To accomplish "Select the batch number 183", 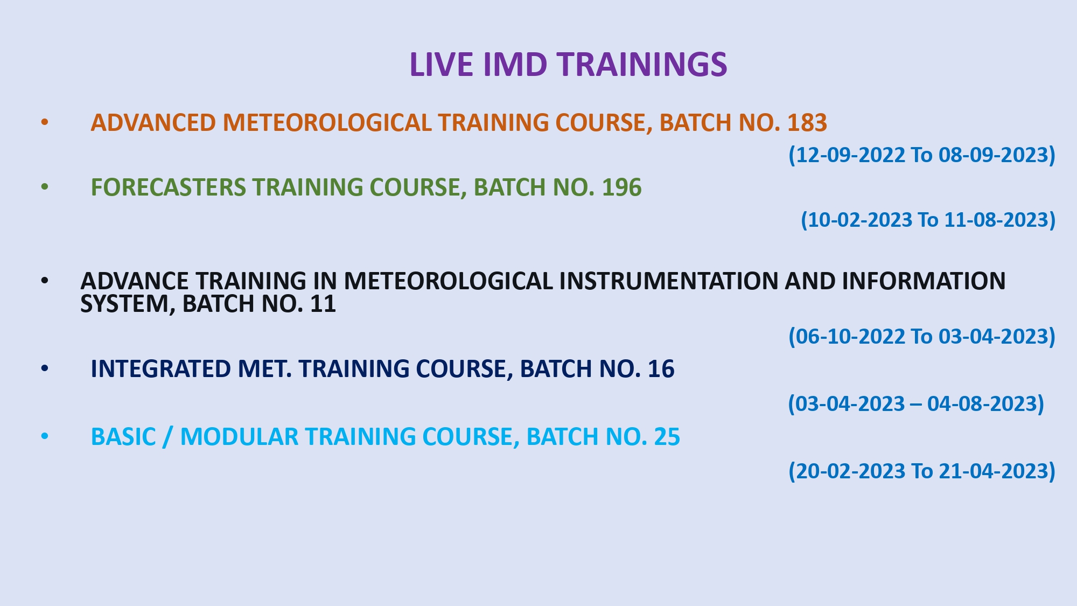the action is (x=807, y=123).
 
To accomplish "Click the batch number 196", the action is (x=621, y=187).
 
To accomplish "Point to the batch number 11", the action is (x=323, y=304).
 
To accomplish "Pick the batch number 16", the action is (x=661, y=369).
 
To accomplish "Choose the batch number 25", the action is (x=667, y=437).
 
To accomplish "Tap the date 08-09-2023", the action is (x=994, y=155).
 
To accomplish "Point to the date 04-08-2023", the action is (x=982, y=404).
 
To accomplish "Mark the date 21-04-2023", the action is (x=994, y=471).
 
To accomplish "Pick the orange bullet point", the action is (x=45, y=122).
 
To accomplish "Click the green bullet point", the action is (x=45, y=187).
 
